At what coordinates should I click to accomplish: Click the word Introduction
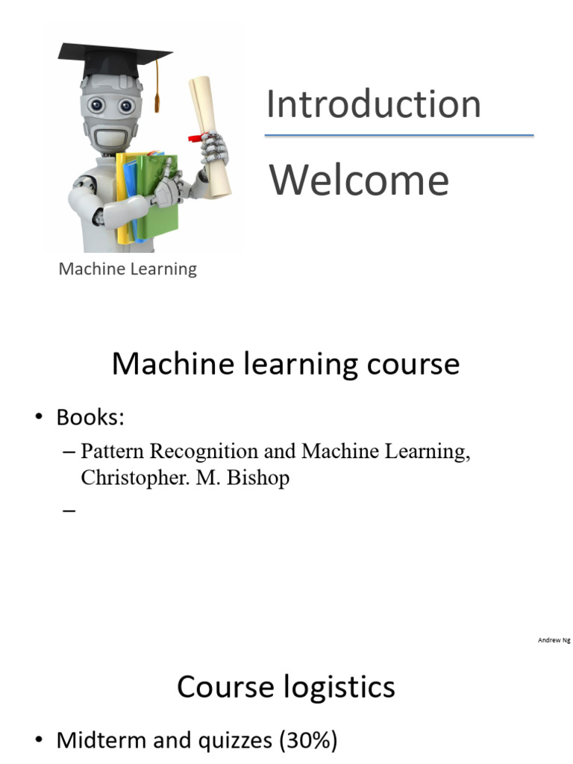point(373,104)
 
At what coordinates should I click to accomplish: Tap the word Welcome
point(359,181)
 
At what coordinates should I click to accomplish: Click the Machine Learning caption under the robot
point(128,269)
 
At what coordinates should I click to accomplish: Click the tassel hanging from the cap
point(157,93)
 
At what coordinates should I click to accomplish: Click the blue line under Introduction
point(399,135)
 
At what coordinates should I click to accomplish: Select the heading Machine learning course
point(286,364)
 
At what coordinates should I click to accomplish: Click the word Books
point(90,418)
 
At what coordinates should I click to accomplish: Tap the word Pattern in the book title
point(113,452)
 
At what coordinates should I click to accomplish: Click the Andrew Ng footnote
point(554,640)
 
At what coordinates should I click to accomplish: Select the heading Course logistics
point(286,686)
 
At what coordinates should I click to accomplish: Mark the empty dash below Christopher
point(69,511)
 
